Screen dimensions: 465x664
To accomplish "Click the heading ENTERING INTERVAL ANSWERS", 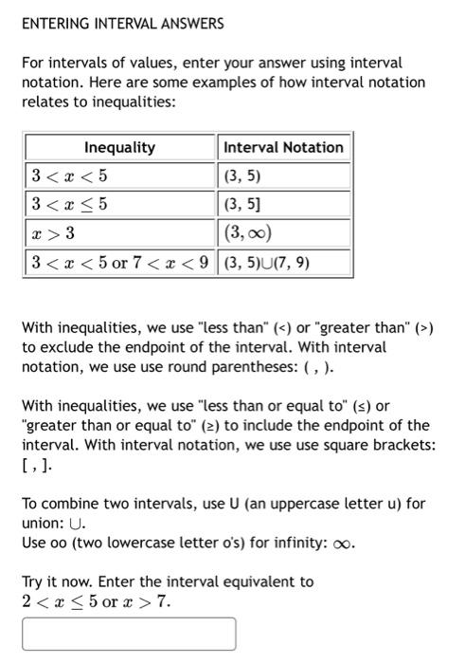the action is click(x=122, y=23).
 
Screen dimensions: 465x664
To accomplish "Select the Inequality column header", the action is click(x=119, y=148).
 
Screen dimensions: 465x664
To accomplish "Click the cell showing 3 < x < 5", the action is click(x=70, y=175).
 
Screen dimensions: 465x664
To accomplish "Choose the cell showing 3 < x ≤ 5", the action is click(x=70, y=203).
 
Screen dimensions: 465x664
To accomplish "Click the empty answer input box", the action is click(x=129, y=634).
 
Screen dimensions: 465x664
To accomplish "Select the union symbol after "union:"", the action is click(x=76, y=524).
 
